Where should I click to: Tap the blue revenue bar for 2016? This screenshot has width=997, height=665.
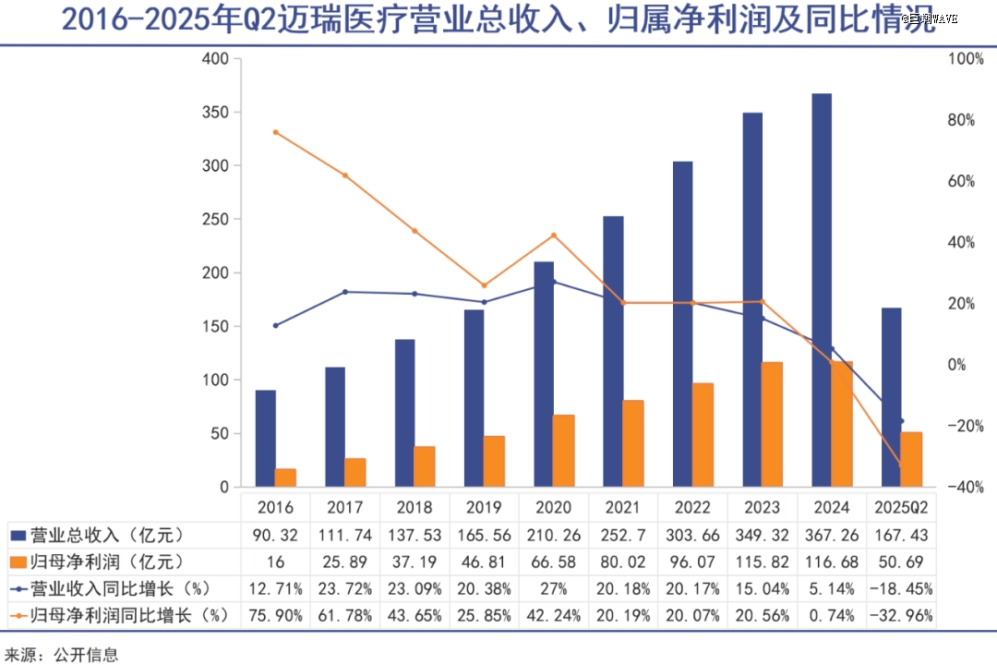click(266, 438)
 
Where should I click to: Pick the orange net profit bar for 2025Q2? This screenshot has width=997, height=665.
click(911, 459)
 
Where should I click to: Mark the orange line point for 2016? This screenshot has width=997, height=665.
click(275, 132)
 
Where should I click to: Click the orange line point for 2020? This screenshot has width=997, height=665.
click(554, 235)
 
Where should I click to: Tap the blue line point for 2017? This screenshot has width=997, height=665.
click(345, 292)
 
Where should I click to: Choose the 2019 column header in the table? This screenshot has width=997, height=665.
click(484, 507)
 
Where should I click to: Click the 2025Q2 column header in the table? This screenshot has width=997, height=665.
click(901, 507)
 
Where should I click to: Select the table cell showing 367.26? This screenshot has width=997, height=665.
click(832, 535)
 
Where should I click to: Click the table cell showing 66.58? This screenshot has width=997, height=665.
click(553, 562)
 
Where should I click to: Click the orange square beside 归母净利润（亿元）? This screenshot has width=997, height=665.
click(18, 562)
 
